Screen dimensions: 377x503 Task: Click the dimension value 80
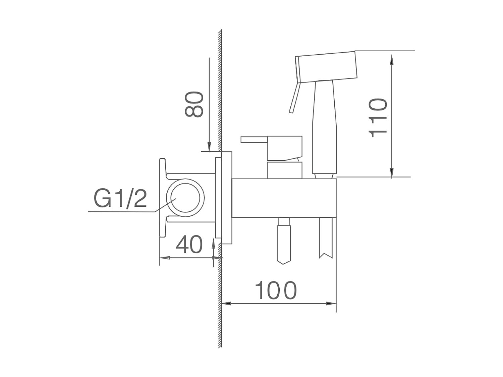click(x=194, y=104)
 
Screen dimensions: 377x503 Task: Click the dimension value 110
click(x=378, y=118)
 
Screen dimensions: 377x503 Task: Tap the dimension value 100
click(x=276, y=291)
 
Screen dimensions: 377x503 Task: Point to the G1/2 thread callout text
click(x=120, y=198)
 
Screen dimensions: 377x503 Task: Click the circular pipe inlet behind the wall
click(x=185, y=198)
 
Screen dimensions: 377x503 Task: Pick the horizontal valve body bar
click(x=284, y=198)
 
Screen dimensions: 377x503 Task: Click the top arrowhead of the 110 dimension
click(x=392, y=60)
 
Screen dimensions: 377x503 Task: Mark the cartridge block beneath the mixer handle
click(x=284, y=170)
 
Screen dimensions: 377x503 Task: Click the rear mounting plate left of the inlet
click(x=162, y=198)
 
